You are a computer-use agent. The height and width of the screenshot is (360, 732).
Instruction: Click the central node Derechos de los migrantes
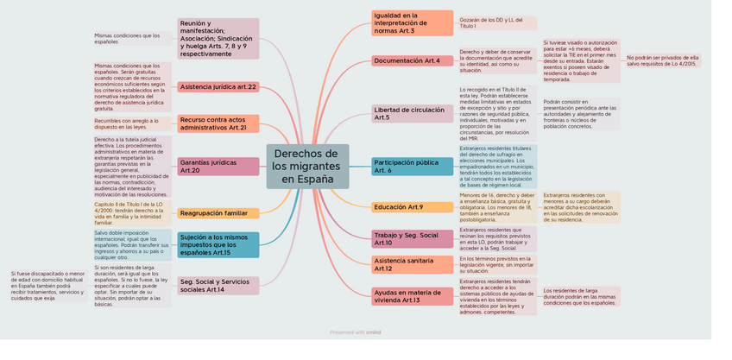(307, 166)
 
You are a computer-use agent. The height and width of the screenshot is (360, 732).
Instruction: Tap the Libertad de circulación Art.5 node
(412, 113)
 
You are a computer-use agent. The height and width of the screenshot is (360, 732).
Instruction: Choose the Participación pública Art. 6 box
(412, 166)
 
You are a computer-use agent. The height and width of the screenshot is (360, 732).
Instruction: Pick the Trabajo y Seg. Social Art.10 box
(412, 238)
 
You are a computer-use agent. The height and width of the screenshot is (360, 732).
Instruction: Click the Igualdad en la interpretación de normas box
(412, 22)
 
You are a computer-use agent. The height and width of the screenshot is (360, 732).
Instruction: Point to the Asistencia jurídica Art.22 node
(218, 86)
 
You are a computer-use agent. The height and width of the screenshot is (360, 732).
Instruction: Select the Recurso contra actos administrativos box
(218, 123)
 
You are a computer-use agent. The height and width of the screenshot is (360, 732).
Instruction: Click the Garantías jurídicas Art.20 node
(218, 166)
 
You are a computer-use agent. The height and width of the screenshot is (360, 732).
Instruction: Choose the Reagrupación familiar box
(218, 212)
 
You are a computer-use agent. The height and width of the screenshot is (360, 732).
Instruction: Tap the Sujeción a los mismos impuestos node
(218, 244)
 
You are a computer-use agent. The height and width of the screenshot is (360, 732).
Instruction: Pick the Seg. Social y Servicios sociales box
(218, 285)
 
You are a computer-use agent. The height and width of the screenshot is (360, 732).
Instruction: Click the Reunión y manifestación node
(218, 39)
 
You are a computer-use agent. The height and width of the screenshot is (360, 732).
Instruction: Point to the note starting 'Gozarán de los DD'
(496, 22)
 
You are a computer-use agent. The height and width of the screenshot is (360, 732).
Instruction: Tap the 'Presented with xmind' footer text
(356, 332)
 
